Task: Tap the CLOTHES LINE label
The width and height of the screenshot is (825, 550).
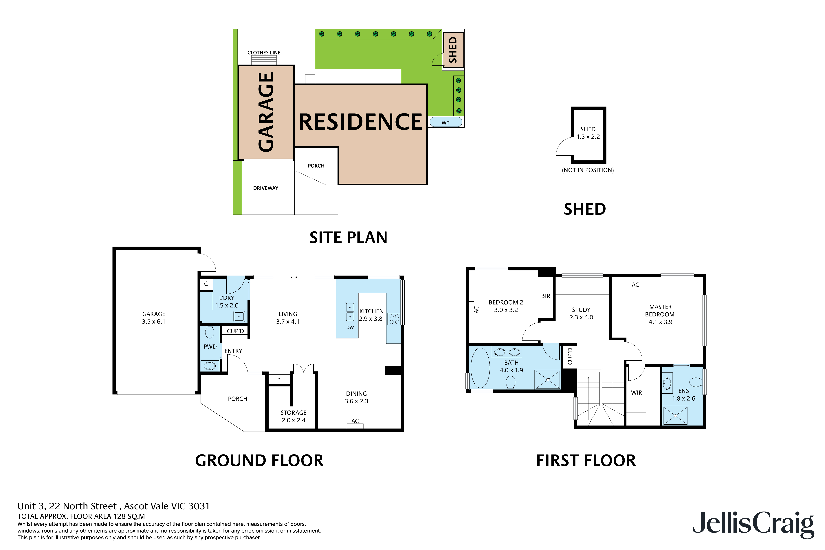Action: [264, 53]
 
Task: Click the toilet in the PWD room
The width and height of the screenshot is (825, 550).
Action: [209, 332]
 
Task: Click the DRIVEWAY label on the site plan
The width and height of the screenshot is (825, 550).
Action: [265, 188]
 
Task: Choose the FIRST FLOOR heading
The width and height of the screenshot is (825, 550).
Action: [586, 461]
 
